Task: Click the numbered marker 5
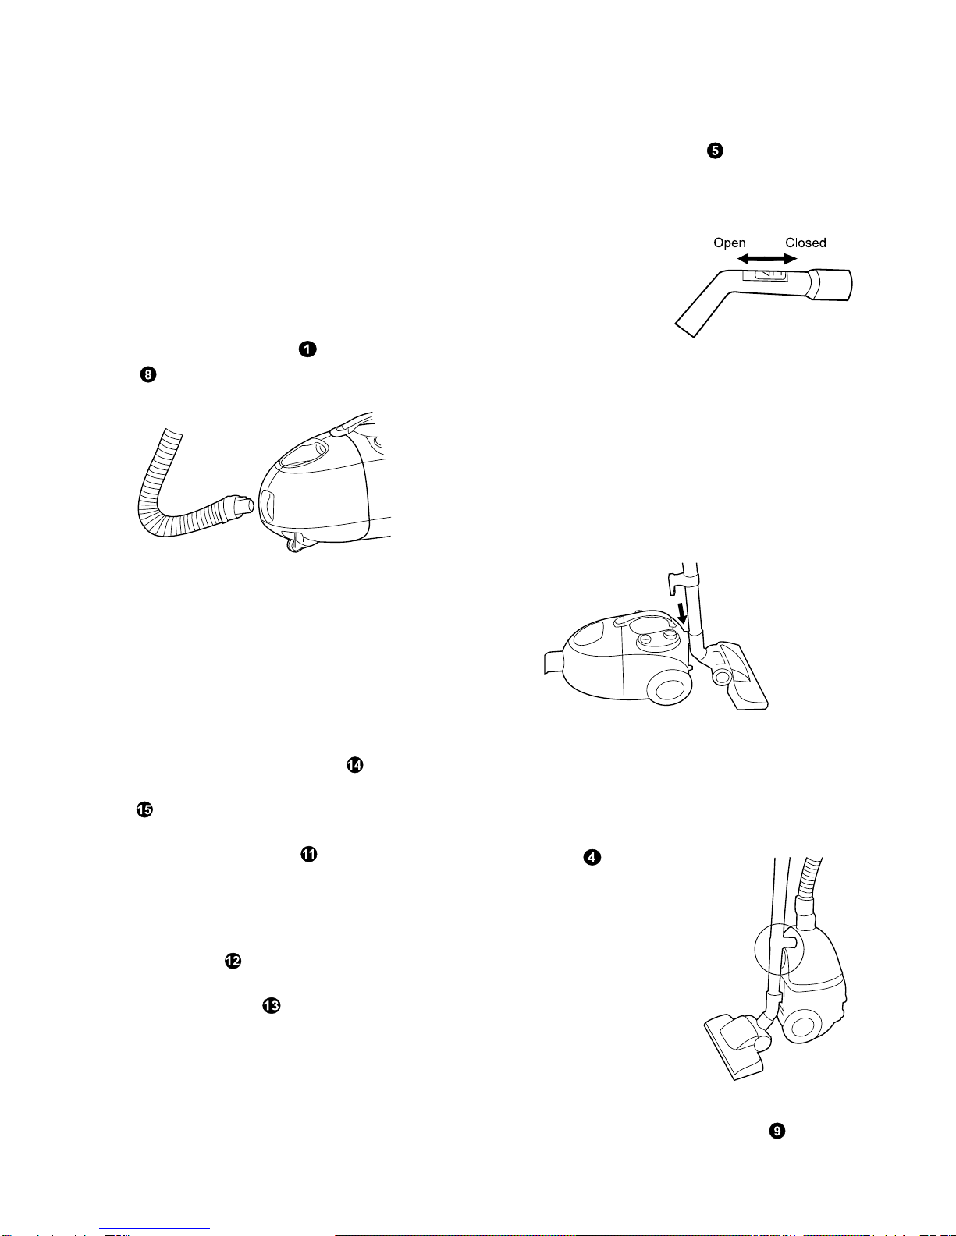click(715, 151)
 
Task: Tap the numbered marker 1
click(307, 349)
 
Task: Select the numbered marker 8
click(148, 374)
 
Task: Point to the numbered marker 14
click(354, 764)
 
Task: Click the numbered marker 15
click(144, 809)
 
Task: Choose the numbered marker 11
click(308, 854)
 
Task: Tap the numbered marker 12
click(233, 961)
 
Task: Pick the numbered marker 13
click(272, 1006)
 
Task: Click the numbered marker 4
click(592, 857)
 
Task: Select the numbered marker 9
click(777, 1131)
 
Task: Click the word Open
click(730, 243)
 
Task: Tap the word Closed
click(805, 243)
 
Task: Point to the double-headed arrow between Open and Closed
click(767, 259)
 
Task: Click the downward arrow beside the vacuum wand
click(682, 613)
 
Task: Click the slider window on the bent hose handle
click(765, 274)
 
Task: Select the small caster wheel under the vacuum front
click(294, 546)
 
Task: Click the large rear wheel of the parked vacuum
click(670, 689)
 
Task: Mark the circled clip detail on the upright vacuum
click(779, 949)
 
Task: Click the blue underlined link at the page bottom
click(155, 1229)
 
